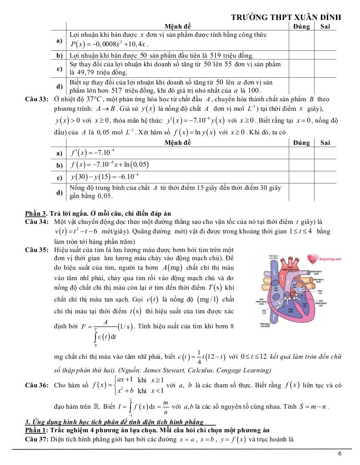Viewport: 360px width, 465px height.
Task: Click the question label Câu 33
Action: [x=36, y=99]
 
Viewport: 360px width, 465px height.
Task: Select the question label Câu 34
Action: [x=36, y=222]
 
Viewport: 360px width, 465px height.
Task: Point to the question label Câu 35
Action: [x=36, y=250]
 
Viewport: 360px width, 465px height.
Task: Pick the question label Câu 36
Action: [x=36, y=386]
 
